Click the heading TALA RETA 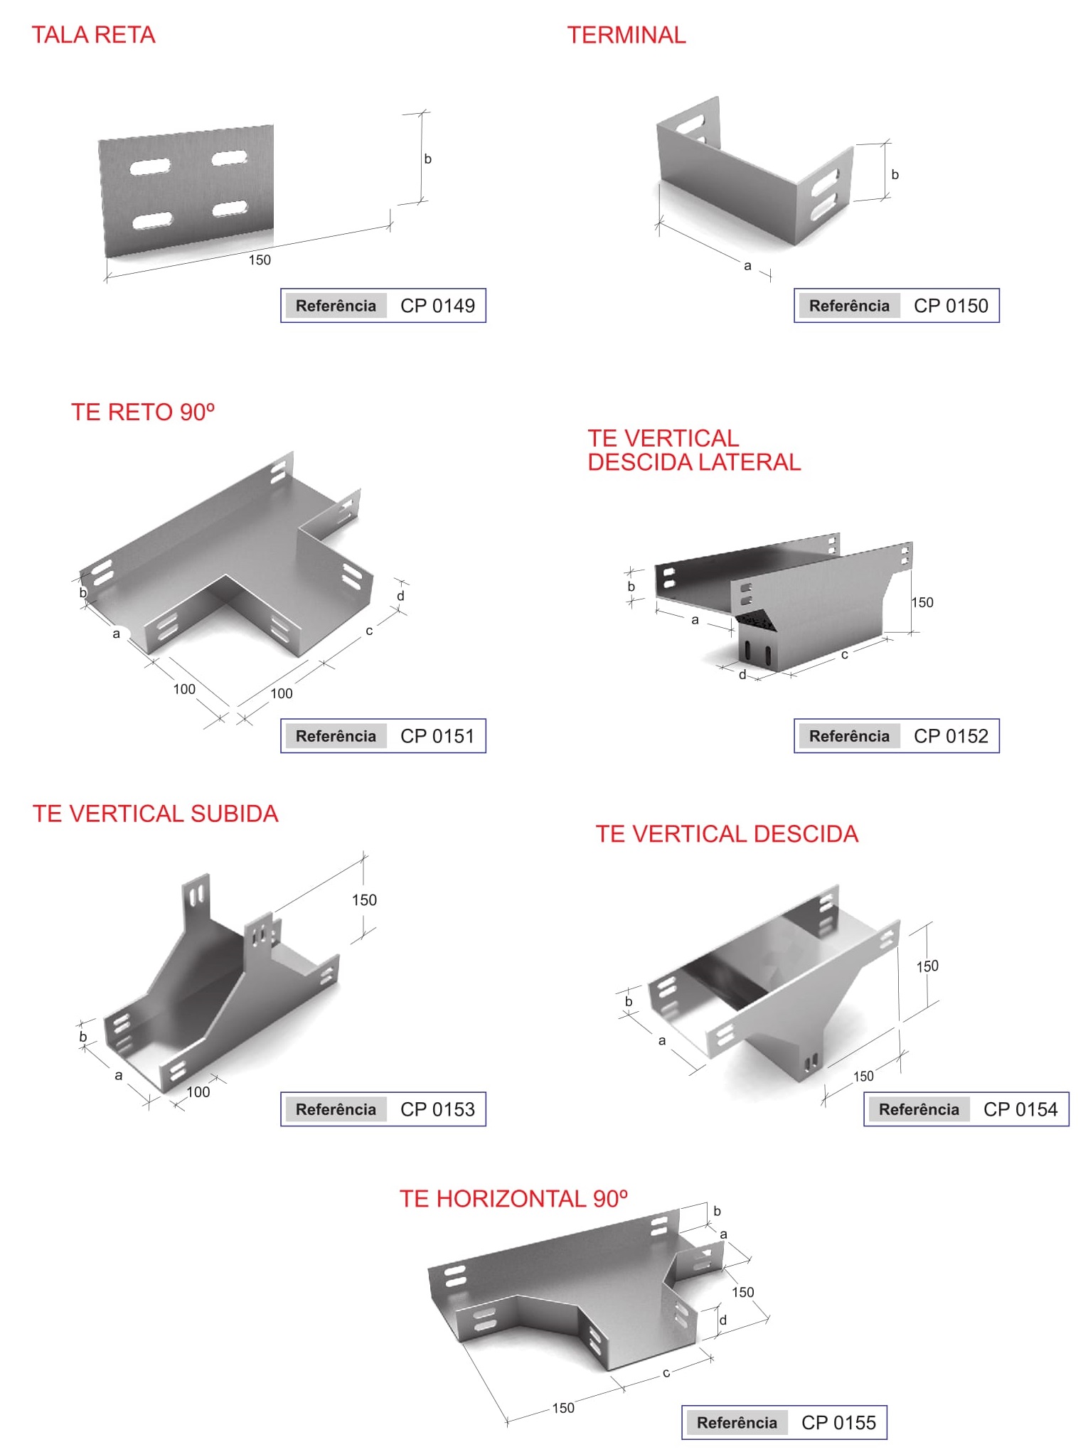(x=93, y=35)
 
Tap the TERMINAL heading (x=626, y=35)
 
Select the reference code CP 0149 (x=437, y=306)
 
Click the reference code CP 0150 (x=951, y=306)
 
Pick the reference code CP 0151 (x=437, y=736)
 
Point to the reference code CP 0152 (x=951, y=736)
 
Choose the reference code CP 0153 (x=437, y=1109)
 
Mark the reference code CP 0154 (x=1020, y=1109)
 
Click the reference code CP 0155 (x=838, y=1423)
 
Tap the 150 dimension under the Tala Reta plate (x=260, y=260)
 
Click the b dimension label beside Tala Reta (x=427, y=159)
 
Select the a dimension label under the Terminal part (x=747, y=266)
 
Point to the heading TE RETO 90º (x=143, y=412)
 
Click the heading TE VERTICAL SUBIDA (x=155, y=813)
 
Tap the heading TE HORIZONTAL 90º (x=513, y=1199)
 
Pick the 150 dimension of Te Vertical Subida (x=364, y=900)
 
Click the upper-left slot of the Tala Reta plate (x=150, y=167)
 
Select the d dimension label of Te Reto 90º (x=400, y=596)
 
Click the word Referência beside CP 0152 (x=849, y=736)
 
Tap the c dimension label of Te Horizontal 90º (x=666, y=1373)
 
